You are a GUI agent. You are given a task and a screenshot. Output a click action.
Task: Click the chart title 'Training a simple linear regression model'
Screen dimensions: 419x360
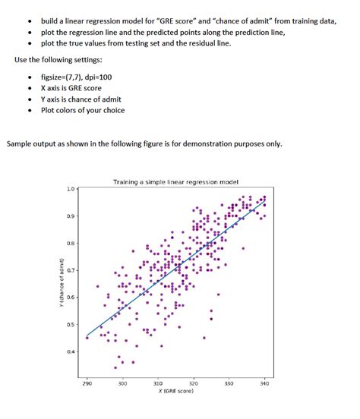coord(175,182)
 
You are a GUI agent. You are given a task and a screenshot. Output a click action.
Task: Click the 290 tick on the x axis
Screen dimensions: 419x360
coord(87,383)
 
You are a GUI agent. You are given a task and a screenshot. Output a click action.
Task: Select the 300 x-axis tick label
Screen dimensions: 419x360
coord(122,383)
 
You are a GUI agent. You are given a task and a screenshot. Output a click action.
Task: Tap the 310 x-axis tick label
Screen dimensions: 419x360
coord(158,383)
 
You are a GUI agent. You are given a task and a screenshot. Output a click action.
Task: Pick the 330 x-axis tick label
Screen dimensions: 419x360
coord(229,383)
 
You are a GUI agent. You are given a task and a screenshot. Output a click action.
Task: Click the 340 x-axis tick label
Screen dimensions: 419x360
coord(264,383)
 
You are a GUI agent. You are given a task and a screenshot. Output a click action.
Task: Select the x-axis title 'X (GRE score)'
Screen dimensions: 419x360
coord(175,391)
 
